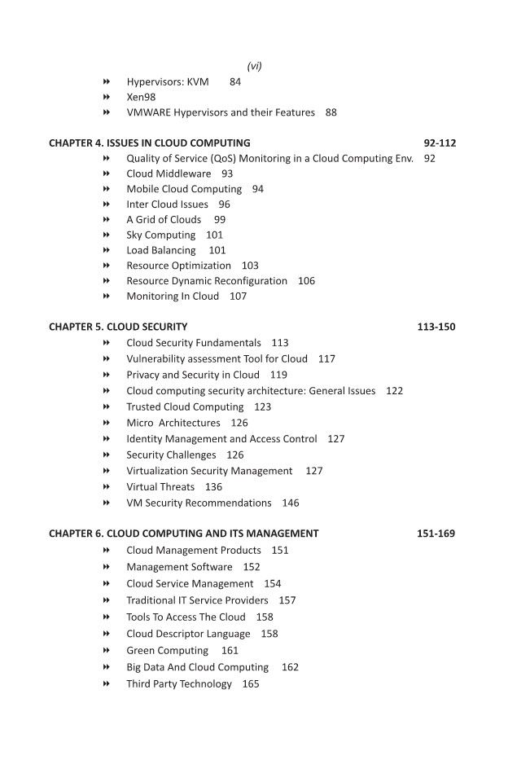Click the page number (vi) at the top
pos(254,66)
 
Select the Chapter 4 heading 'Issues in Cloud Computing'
pos(150,143)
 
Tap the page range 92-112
pos(440,143)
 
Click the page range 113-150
pos(436,327)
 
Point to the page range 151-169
pos(436,534)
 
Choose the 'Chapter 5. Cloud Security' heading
pos(118,327)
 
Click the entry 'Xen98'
pos(141,97)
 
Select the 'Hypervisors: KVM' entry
pos(168,81)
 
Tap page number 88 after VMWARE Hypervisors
pos(331,112)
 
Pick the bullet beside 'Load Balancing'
pos(107,250)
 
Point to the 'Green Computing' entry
pos(167,650)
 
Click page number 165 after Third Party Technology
pos(251,683)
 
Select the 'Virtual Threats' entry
pos(160,486)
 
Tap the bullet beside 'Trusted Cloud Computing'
pos(107,406)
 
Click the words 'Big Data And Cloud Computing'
pos(197,666)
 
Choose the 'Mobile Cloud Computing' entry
pos(184,188)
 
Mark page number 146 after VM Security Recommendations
pos(291,503)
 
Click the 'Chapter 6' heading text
pos(184,534)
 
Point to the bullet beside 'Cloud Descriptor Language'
pos(107,633)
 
